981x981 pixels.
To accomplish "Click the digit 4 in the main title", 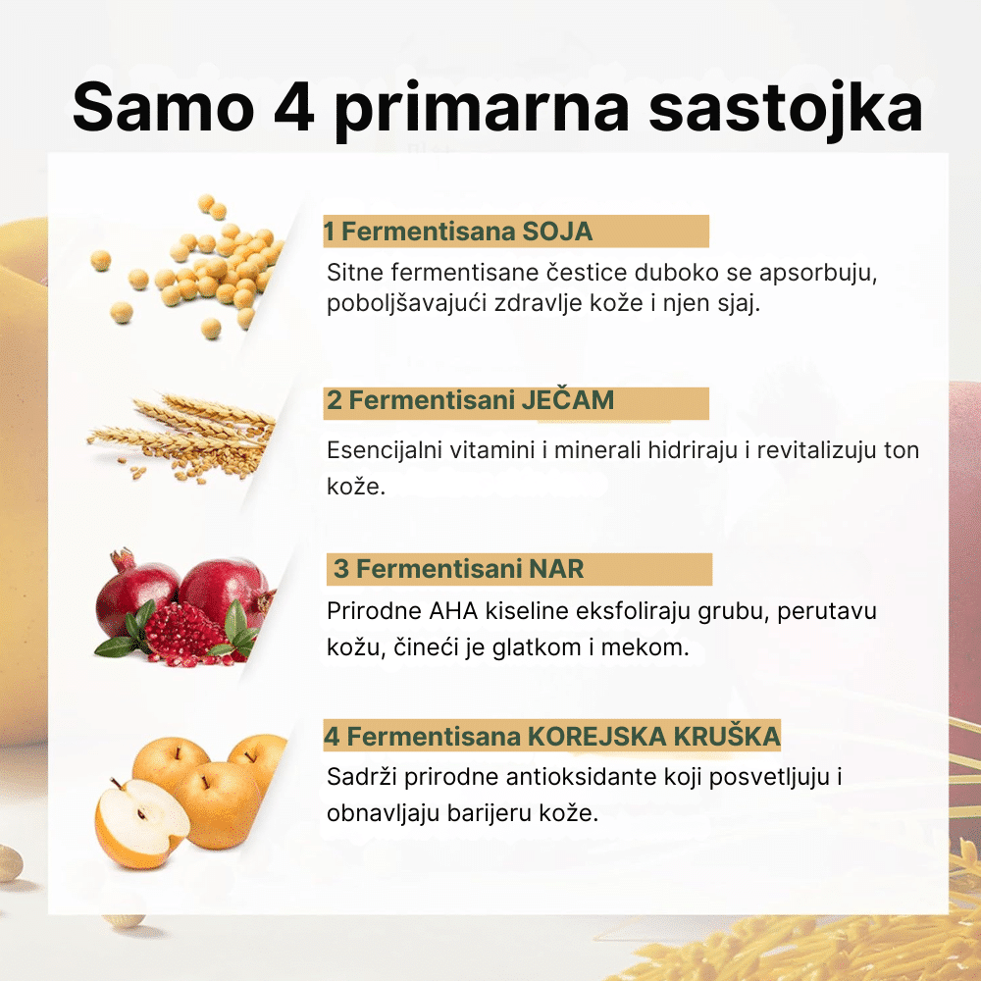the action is click(293, 107).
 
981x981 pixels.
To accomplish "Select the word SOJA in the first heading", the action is click(557, 232).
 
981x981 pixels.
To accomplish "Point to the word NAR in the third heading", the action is click(556, 569).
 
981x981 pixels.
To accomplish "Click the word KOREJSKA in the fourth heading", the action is click(597, 737).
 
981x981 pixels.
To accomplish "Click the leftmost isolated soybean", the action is click(101, 260).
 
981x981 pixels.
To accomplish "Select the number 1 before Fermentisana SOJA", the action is click(329, 232).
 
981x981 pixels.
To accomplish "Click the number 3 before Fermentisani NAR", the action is click(341, 569).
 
